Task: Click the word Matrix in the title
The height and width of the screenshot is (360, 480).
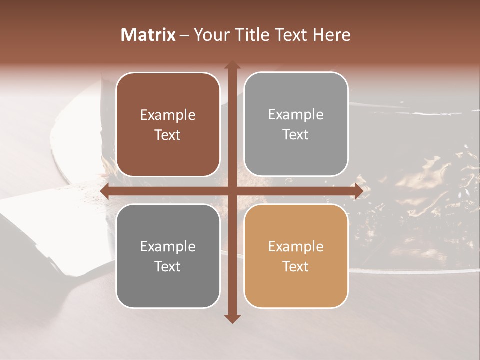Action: pyautogui.click(x=148, y=35)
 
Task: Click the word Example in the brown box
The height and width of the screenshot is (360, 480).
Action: pyautogui.click(x=168, y=115)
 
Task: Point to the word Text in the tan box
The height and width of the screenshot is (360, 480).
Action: pyautogui.click(x=296, y=266)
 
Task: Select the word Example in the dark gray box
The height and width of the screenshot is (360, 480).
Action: pyautogui.click(x=168, y=247)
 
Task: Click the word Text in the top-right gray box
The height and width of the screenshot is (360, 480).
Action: pyautogui.click(x=296, y=135)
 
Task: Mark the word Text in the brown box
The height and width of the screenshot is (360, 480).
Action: pyautogui.click(x=168, y=135)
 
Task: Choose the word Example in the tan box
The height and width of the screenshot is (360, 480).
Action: pyautogui.click(x=296, y=247)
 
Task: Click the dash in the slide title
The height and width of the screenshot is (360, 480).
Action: pyautogui.click(x=184, y=35)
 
